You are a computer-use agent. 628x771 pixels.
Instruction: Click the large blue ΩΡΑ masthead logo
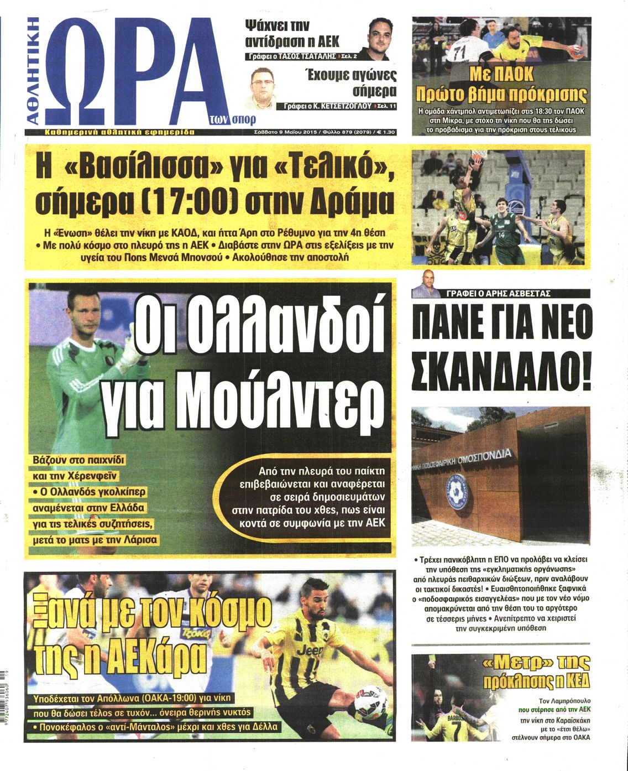tap(133, 72)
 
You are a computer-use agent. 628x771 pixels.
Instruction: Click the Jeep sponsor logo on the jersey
tap(310, 650)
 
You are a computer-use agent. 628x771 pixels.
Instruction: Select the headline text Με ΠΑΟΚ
tap(501, 74)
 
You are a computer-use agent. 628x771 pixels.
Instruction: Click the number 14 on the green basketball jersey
tap(501, 235)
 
